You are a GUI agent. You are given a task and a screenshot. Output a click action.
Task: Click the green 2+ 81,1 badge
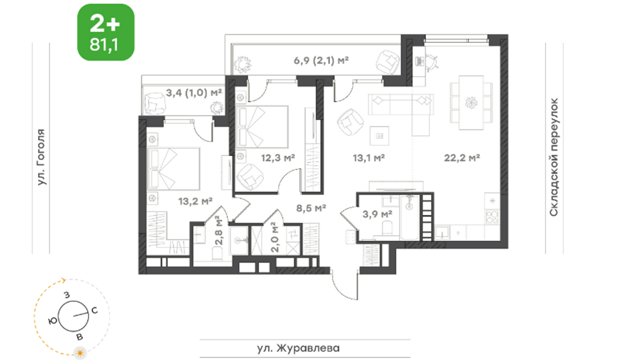[105, 32]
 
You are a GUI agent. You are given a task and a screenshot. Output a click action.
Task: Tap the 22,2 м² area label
[461, 157]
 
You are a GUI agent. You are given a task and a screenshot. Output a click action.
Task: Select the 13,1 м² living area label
[368, 157]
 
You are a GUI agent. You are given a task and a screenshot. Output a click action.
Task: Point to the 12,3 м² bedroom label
[278, 157]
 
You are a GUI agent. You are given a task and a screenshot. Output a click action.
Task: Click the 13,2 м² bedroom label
[195, 201]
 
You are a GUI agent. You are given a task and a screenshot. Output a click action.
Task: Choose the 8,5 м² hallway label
[311, 208]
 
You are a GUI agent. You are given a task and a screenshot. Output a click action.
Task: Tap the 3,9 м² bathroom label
[377, 214]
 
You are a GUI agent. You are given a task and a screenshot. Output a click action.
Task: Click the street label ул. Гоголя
[41, 157]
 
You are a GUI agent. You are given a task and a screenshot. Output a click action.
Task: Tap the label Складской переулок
[553, 157]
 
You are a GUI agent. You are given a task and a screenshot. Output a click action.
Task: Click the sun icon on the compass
[80, 352]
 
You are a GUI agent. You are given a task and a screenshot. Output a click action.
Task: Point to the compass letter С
[94, 310]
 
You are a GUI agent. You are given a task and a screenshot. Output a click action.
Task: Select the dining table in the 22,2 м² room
[471, 102]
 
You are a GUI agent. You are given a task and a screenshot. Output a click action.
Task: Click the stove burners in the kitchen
[492, 216]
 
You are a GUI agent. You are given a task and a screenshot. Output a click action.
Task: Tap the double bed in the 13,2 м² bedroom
[173, 169]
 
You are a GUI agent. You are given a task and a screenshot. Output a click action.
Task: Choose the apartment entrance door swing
[345, 285]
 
